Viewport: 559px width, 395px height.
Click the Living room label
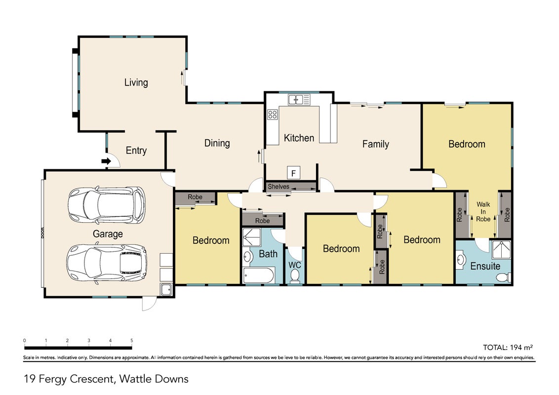(136, 82)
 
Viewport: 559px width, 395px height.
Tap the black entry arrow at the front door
(106, 161)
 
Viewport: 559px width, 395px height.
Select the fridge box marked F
(293, 173)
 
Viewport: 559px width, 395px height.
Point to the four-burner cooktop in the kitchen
(273, 115)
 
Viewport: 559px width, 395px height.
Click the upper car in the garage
(107, 204)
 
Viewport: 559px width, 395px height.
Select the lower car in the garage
(107, 264)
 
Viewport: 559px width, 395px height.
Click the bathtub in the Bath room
(258, 275)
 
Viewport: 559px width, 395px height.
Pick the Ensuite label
(485, 266)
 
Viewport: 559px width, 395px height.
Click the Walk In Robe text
(483, 211)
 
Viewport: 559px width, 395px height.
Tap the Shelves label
(279, 187)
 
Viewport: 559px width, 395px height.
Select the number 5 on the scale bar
(131, 341)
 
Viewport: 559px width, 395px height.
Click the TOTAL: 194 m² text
(508, 347)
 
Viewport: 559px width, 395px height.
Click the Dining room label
(217, 143)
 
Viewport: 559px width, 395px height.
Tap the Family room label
(375, 144)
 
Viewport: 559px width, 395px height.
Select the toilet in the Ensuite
(505, 276)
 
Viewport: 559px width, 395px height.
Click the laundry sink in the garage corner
(166, 289)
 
